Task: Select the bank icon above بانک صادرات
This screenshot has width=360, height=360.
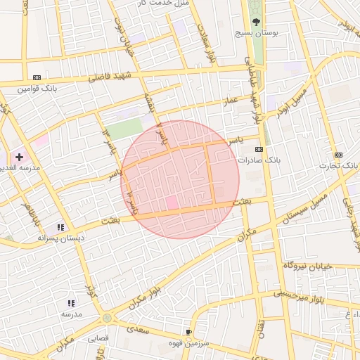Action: point(259,149)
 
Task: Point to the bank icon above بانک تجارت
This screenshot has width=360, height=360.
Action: point(339,155)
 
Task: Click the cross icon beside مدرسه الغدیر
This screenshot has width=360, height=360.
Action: point(19,156)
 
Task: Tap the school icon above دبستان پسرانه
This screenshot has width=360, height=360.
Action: point(60,227)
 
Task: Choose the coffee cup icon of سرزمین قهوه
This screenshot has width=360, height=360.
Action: point(188,331)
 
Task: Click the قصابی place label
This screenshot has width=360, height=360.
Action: point(98,338)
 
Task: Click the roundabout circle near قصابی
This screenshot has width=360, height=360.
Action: point(107,318)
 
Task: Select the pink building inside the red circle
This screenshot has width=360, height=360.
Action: point(172,202)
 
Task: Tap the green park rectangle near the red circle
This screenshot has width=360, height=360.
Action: point(124,129)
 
